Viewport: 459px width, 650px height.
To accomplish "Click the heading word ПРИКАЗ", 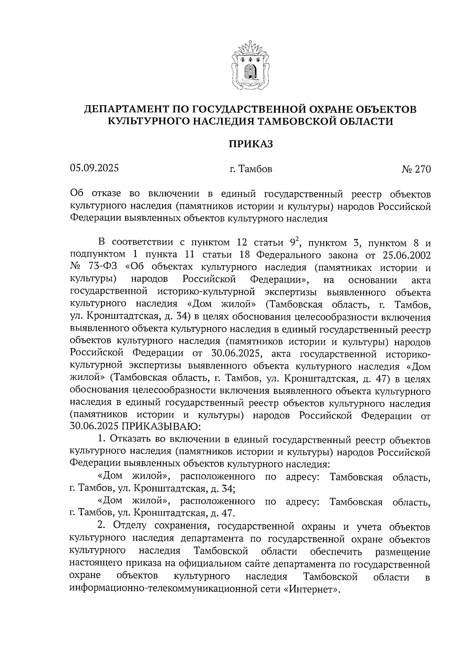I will pyautogui.click(x=251, y=144).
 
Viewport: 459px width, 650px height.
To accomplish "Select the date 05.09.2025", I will pyautogui.click(x=94, y=168).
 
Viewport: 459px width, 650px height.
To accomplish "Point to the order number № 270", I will pyautogui.click(x=416, y=169).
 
